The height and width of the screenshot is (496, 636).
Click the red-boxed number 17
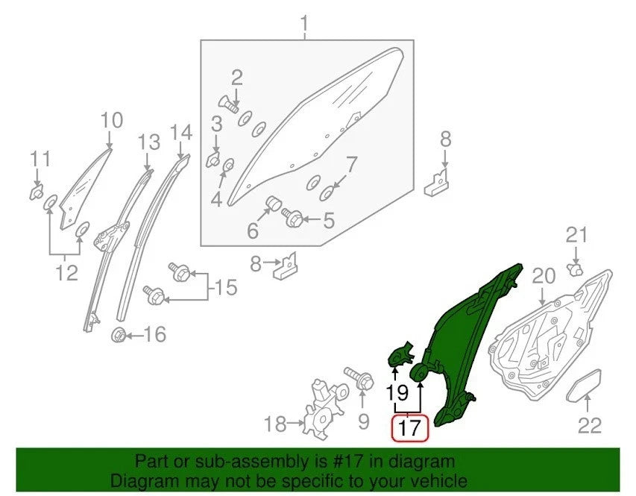pyautogui.click(x=409, y=428)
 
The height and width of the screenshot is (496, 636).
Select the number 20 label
pyautogui.click(x=544, y=276)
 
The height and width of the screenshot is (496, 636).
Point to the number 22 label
pyautogui.click(x=590, y=426)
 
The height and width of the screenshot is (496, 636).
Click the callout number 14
pyautogui.click(x=181, y=133)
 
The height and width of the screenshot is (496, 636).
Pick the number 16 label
pyautogui.click(x=155, y=334)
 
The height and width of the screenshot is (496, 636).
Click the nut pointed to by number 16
pyautogui.click(x=119, y=336)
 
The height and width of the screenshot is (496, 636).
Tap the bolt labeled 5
pyautogui.click(x=292, y=219)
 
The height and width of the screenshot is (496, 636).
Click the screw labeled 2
pyautogui.click(x=229, y=105)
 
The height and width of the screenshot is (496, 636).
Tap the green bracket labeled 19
pyautogui.click(x=400, y=354)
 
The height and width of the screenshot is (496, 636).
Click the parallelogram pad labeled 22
pyautogui.click(x=584, y=385)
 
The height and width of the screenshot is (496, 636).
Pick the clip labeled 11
pyautogui.click(x=37, y=192)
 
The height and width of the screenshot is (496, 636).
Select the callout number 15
pyautogui.click(x=226, y=287)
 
